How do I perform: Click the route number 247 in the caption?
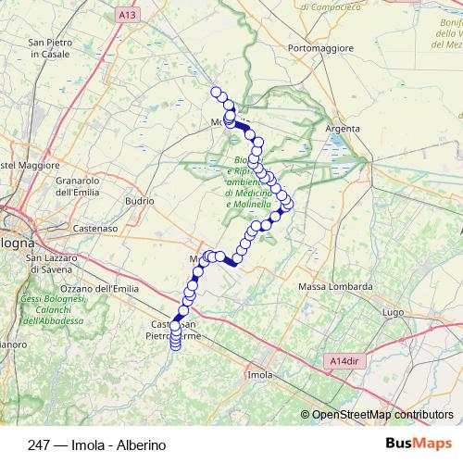40,444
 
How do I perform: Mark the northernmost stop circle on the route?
217,92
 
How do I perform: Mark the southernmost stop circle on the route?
175,348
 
